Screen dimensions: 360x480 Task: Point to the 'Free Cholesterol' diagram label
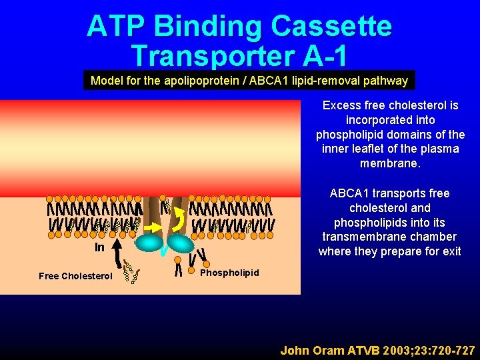(x=75, y=276)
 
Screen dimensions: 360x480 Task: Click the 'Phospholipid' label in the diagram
(x=229, y=273)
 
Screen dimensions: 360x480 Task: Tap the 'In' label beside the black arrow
(x=99, y=247)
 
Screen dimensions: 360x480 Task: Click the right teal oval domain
(x=180, y=243)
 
